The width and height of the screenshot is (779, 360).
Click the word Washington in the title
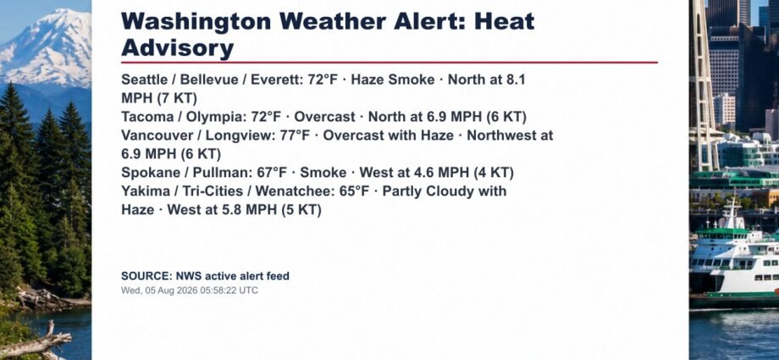[x=196, y=22]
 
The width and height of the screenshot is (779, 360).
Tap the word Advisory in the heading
[x=177, y=49]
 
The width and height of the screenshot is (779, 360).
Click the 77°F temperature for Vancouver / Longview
[x=296, y=136]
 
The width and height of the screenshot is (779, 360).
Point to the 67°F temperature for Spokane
[x=273, y=173]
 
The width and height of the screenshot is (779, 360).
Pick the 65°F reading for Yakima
[x=355, y=191]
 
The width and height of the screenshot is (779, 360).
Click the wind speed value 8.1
[x=515, y=80]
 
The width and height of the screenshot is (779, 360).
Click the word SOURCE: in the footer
[x=146, y=276]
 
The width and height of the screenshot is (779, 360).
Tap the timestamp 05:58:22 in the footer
[x=218, y=291]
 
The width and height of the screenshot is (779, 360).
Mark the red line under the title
[x=389, y=63]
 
